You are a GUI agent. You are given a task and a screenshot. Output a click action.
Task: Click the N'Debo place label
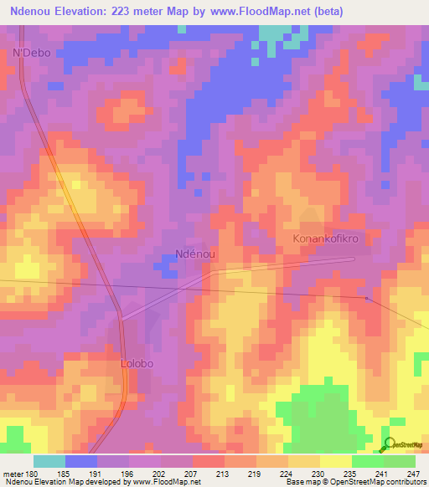tap(32, 53)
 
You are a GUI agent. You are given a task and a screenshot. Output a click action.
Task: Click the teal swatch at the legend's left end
tap(49, 461)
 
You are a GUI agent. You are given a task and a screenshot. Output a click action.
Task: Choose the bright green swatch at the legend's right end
tap(399, 461)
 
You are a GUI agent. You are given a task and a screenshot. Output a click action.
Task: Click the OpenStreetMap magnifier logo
tap(390, 444)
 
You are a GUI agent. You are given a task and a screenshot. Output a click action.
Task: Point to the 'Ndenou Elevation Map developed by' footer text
tap(59, 482)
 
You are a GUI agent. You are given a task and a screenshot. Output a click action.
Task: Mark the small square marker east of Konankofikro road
tap(367, 298)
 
